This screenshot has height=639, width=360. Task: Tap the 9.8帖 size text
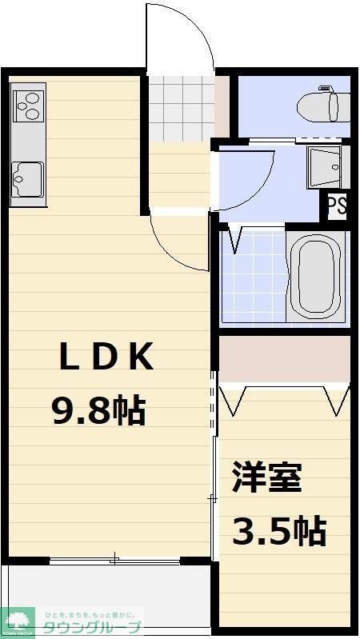click(x=98, y=410)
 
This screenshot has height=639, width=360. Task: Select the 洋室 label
click(x=266, y=477)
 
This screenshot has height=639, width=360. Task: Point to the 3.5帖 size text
click(x=278, y=529)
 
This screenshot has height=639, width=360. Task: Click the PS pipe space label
click(x=336, y=206)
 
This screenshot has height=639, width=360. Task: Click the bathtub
click(x=315, y=275)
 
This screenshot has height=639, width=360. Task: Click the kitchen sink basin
click(x=28, y=178)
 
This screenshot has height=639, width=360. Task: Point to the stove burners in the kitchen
click(x=28, y=105)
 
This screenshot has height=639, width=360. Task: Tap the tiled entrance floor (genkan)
click(x=182, y=108)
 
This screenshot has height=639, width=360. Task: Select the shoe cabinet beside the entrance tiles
click(x=222, y=107)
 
